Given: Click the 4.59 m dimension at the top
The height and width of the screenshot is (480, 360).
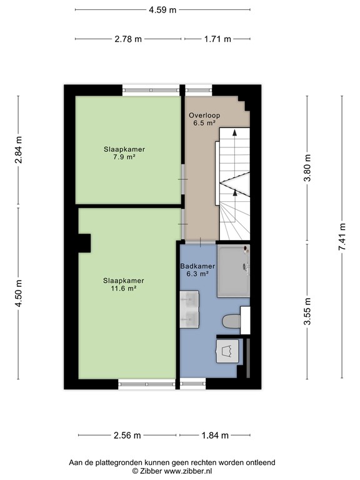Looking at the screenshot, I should click(x=162, y=10).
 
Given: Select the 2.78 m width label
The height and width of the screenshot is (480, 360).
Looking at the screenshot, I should click(x=127, y=39).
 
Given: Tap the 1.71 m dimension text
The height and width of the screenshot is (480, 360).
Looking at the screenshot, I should click(x=217, y=39).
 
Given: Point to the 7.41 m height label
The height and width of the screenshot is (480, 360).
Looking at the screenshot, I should click(x=342, y=237).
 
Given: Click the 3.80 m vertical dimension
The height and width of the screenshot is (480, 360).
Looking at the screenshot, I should click(x=306, y=169).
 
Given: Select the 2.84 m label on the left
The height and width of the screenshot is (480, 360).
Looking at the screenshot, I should click(x=19, y=150).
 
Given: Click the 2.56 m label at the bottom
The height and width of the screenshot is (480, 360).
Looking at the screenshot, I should click(x=127, y=436).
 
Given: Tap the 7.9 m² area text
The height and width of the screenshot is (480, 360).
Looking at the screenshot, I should click(x=128, y=157).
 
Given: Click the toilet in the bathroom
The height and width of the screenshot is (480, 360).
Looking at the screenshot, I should click(x=232, y=321).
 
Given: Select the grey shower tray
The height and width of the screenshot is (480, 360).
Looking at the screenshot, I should click(x=233, y=271).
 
